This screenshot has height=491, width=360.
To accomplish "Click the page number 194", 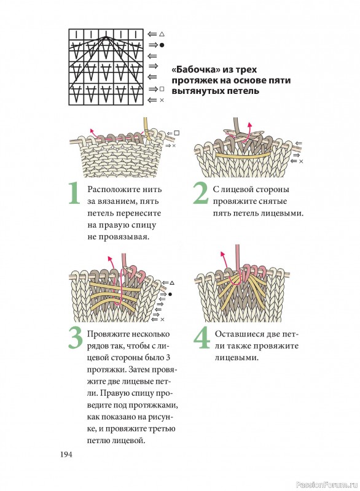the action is (x=66, y=454).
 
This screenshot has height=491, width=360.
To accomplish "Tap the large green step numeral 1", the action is (x=74, y=193).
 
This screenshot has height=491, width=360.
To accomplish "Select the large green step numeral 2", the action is (x=201, y=193).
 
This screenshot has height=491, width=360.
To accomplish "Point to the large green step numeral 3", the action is (x=76, y=338).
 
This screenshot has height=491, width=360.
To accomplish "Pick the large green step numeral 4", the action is (x=202, y=338).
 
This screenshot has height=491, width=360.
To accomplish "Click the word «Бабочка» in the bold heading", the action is (x=192, y=69).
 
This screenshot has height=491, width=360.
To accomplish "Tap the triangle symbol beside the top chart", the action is (x=162, y=34).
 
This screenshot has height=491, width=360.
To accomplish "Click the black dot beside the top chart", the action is (x=162, y=45).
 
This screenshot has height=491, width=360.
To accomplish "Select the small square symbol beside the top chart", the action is (x=162, y=89).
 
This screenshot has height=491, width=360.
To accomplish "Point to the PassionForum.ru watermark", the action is (x=326, y=485).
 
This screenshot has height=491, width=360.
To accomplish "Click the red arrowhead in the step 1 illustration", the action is (x=92, y=131).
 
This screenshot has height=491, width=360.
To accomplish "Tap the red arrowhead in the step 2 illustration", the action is (x=249, y=125).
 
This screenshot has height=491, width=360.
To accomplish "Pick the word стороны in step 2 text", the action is (x=273, y=190).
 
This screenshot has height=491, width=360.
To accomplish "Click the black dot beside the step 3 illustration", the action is (x=170, y=294).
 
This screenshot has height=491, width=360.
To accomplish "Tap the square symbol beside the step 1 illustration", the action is (x=177, y=133).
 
